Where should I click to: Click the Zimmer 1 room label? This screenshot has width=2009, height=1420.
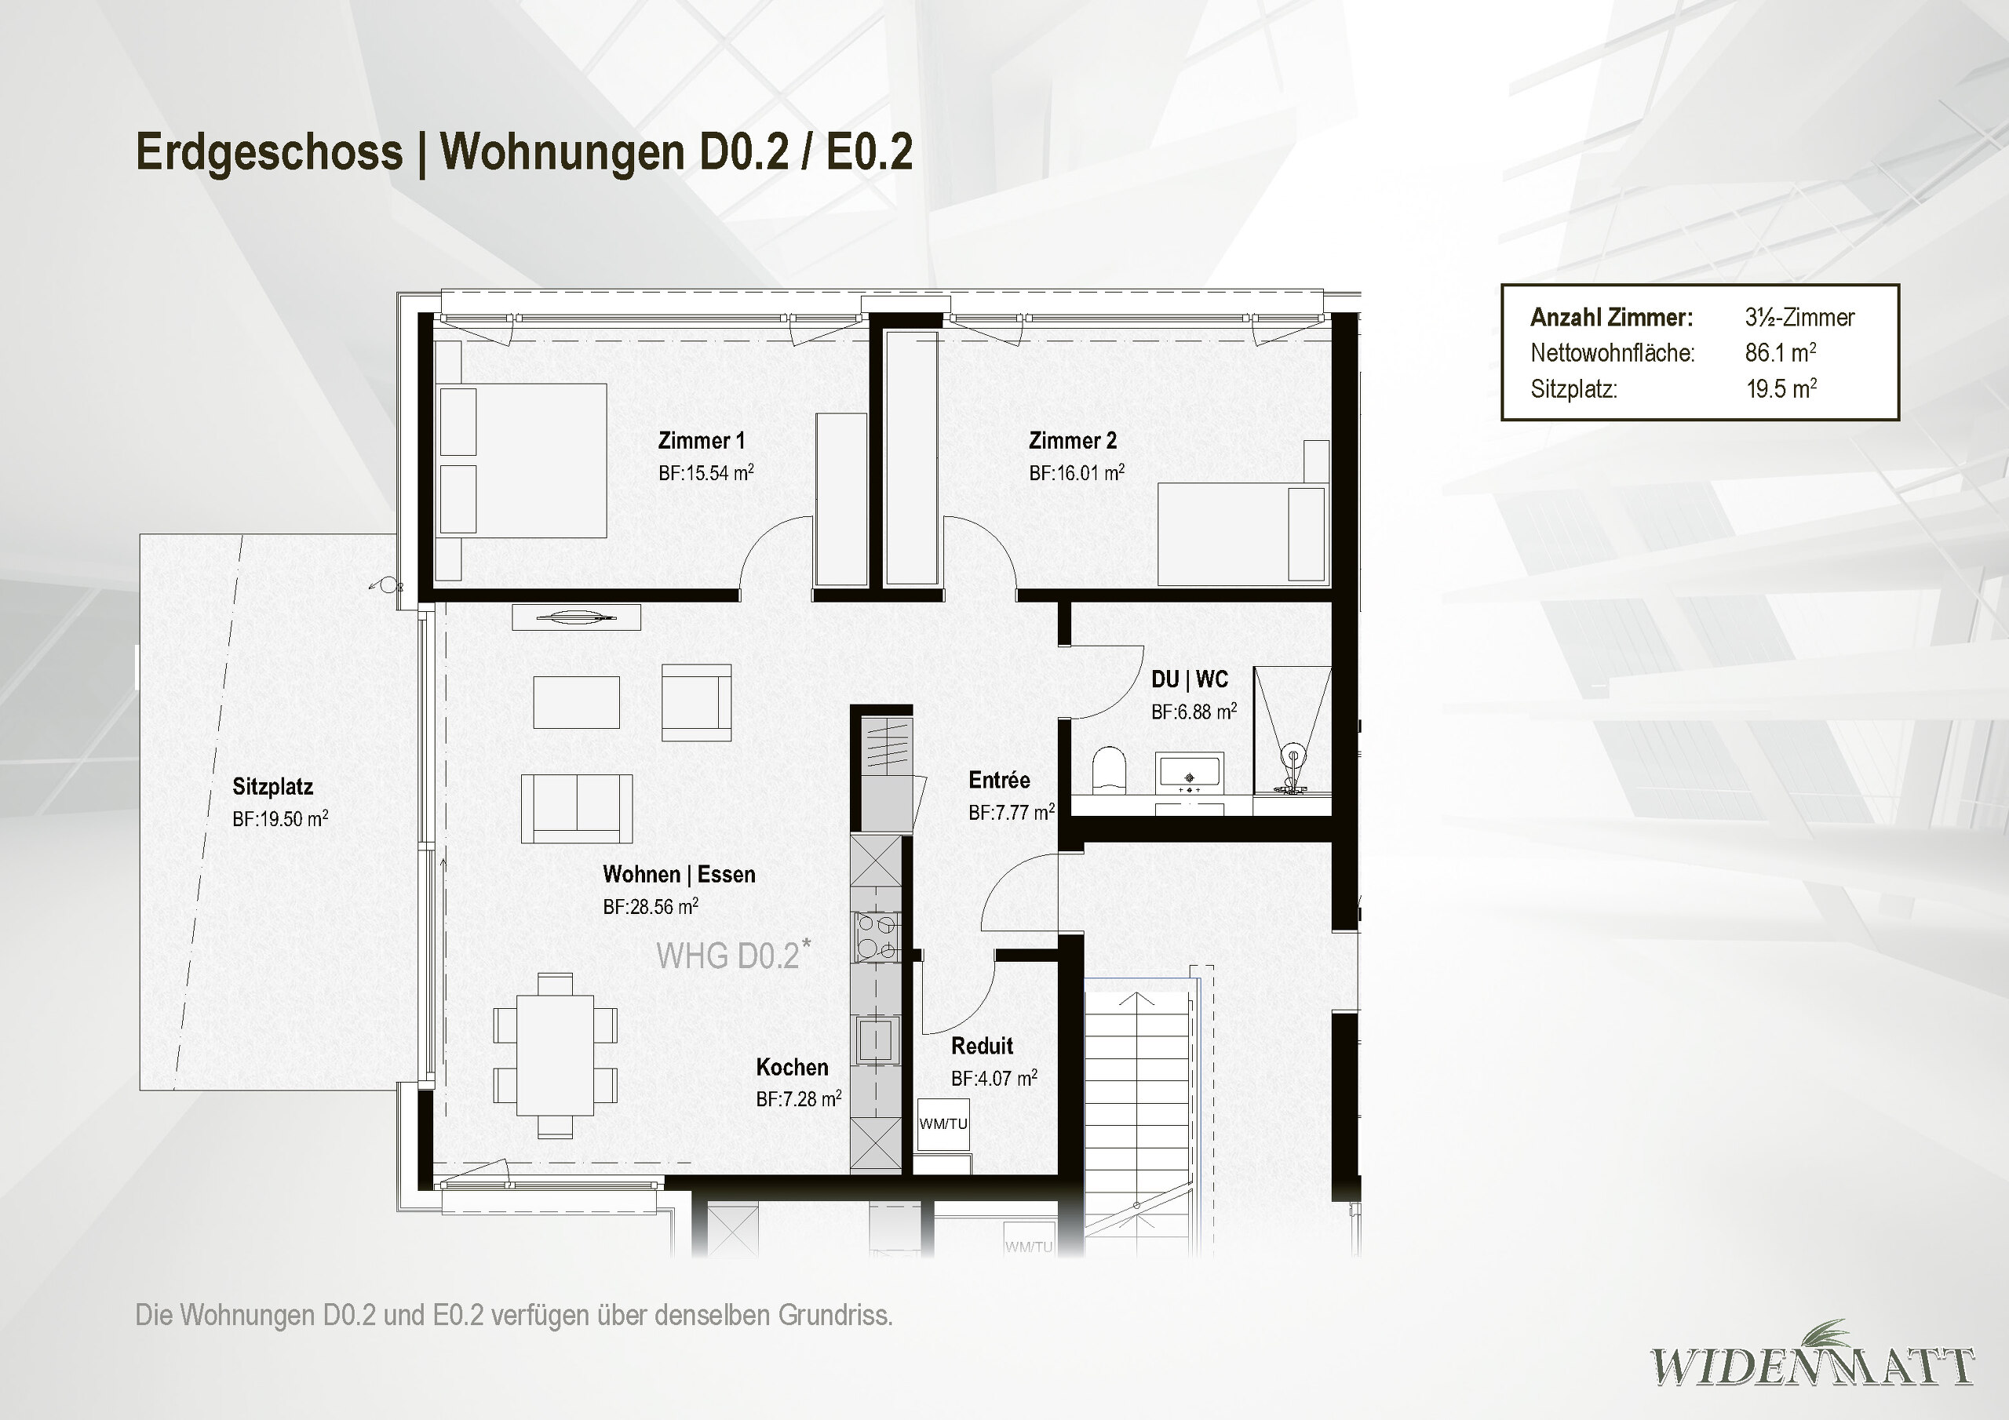coord(701,440)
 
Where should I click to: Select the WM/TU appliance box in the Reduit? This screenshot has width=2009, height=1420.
coord(943,1124)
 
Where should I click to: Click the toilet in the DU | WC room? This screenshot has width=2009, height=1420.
coord(1109,769)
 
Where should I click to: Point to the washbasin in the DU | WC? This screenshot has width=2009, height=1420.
coord(1188,773)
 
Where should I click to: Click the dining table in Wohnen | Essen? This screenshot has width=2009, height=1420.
coord(555,1055)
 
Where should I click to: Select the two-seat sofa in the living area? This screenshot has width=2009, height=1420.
coord(577,807)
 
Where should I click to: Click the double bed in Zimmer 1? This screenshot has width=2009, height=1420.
coord(522,461)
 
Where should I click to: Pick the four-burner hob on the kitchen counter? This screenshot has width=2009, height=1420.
coord(877,936)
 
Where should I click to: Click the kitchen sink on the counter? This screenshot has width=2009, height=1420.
coord(877,1040)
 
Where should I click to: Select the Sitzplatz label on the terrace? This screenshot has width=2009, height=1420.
coord(272,787)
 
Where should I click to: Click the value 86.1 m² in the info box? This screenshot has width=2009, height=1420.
coord(1780,352)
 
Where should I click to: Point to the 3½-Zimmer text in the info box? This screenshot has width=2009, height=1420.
coord(1799,317)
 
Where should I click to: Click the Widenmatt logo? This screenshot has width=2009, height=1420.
coord(1811,1366)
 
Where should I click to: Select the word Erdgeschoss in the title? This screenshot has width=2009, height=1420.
coord(268,151)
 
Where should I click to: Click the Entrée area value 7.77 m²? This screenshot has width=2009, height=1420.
coord(1011,813)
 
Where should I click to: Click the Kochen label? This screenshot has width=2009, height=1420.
coord(792,1068)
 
